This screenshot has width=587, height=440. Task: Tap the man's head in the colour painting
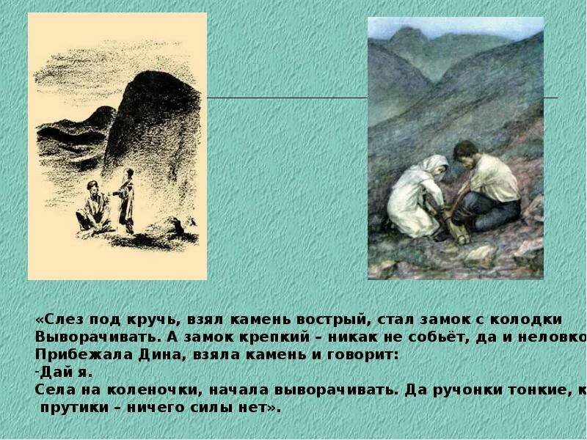(465, 153)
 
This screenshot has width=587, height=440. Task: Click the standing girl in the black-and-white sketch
(126, 198)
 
